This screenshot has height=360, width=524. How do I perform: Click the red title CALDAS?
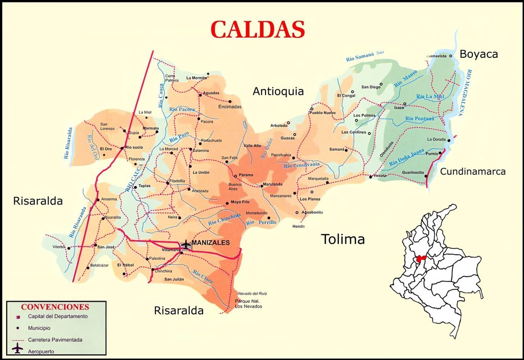pos(258,30)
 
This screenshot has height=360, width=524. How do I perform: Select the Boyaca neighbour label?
pos(478,54)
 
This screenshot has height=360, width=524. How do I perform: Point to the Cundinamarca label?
pos(473,171)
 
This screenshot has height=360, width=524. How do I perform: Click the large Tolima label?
pos(342,239)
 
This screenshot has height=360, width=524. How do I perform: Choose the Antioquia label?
pos(278,91)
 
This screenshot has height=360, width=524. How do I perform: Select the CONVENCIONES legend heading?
pos(55,307)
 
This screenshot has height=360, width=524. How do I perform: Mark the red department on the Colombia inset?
pos(421,259)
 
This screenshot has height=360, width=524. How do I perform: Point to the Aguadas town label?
pos(211,93)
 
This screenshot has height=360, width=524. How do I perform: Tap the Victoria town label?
pos(380,176)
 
